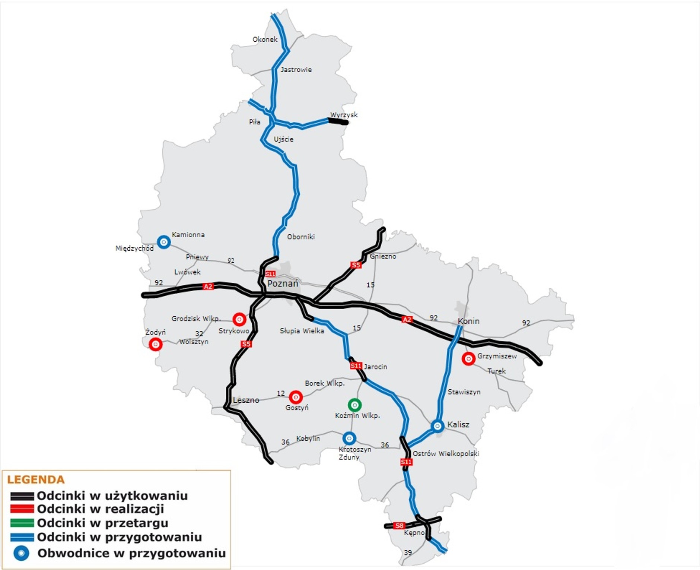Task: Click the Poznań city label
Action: coord(283,284)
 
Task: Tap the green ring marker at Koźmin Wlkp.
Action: coord(354,405)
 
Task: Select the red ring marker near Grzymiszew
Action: coord(468,359)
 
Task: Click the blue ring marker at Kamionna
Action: coord(164,242)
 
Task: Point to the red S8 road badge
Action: coord(399,526)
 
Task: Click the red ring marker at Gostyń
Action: coord(296,397)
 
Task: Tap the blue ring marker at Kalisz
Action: coord(437,426)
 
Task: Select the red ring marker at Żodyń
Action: coord(156,344)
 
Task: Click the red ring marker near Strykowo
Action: coord(239,319)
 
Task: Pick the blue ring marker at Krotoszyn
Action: coord(349,438)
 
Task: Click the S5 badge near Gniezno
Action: coord(356,265)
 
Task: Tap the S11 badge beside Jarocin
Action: coord(356,366)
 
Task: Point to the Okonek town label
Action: coord(265,39)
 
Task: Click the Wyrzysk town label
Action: coord(344,115)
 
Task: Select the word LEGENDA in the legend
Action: coord(36,479)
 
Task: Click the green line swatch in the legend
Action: coord(22,523)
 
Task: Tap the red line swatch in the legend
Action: coord(22,509)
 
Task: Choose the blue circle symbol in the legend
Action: coord(21,553)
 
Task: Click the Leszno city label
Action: coord(246,400)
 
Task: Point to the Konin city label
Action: coord(468,321)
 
